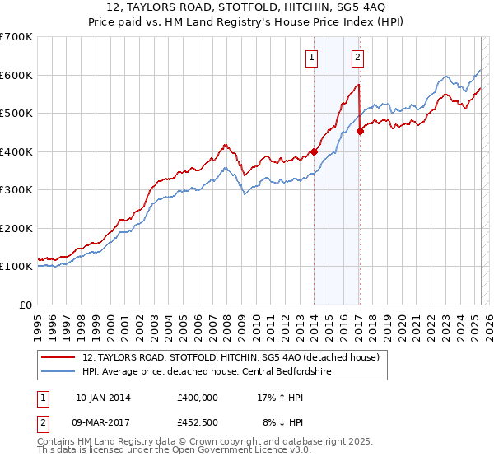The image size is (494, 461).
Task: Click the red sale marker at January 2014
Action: click(314, 151)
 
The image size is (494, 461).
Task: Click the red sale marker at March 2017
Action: click(360, 132)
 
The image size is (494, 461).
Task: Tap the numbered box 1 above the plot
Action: click(313, 57)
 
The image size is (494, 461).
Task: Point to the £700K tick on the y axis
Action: click(16, 37)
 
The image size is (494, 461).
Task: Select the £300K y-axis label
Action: click(16, 190)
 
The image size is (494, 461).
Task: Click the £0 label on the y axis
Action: click(26, 305)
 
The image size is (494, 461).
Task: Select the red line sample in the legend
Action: click(59, 357)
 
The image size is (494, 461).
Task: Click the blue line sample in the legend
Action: click(59, 372)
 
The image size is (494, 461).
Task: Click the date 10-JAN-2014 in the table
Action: click(103, 397)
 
